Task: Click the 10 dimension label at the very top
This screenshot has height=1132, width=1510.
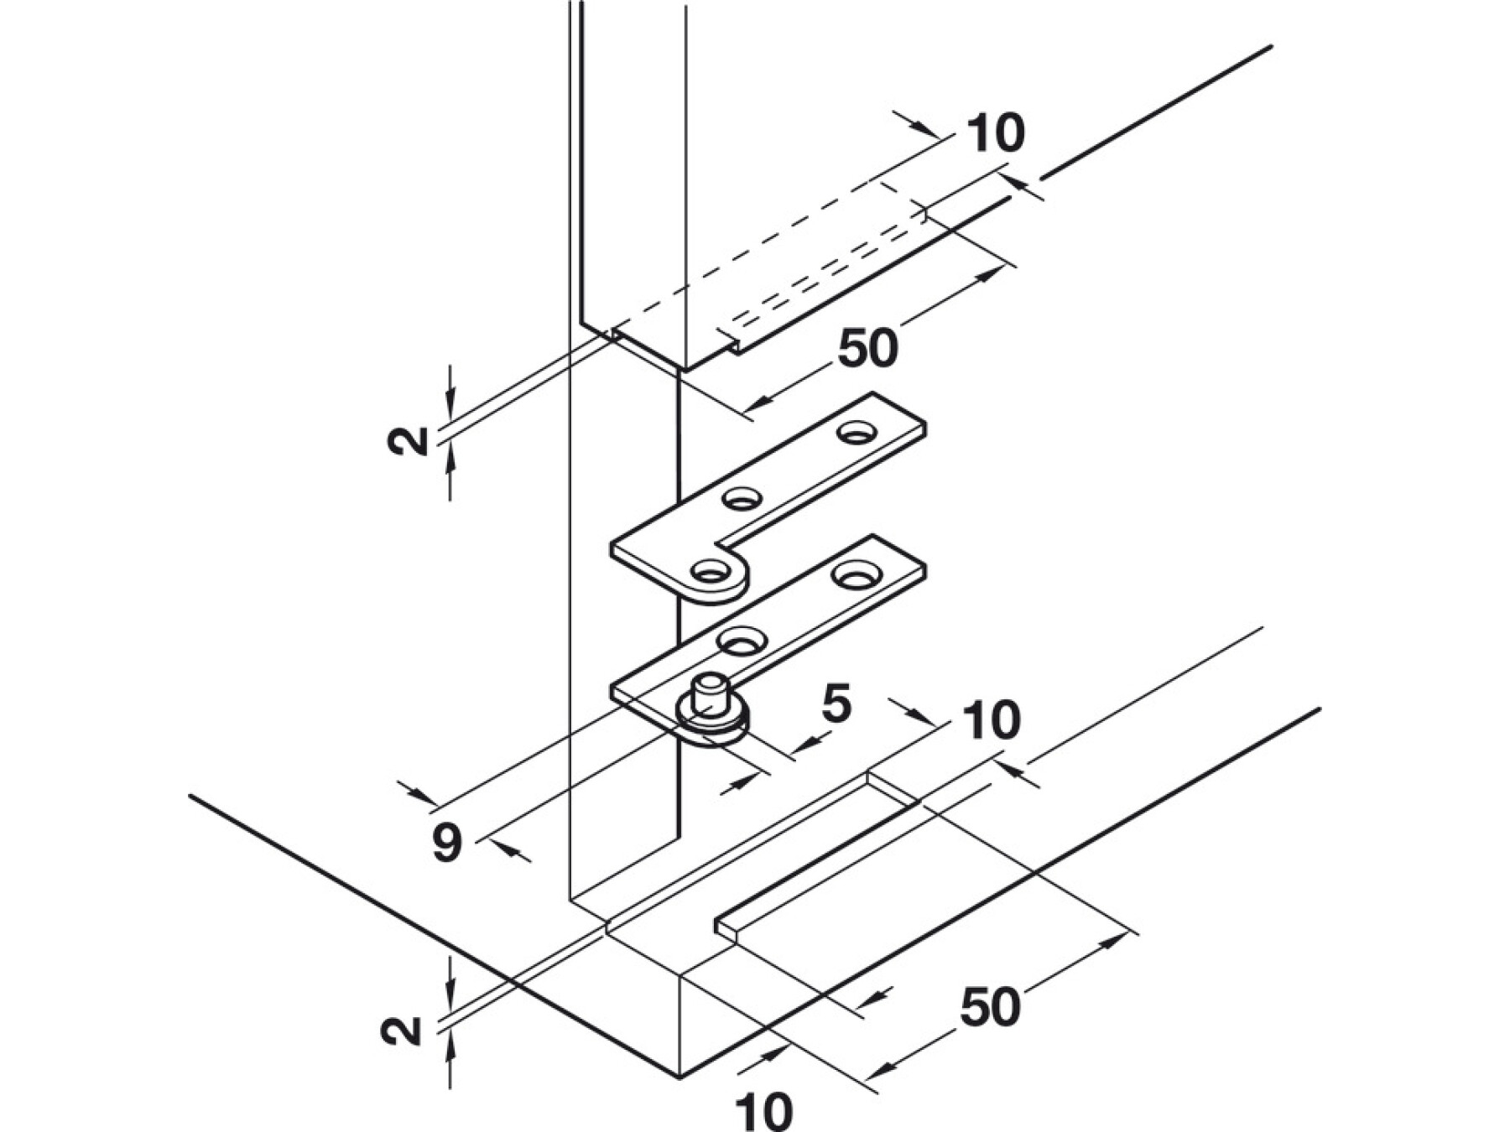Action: (996, 133)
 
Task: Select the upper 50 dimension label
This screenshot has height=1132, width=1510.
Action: (868, 348)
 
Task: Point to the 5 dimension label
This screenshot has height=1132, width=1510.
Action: (836, 704)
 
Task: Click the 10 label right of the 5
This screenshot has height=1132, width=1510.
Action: (992, 720)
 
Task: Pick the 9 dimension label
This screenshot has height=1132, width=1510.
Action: (447, 842)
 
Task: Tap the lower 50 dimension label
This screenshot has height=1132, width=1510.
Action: (991, 1006)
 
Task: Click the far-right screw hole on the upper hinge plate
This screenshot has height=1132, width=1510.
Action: (856, 433)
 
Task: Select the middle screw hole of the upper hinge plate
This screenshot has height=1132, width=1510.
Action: (742, 500)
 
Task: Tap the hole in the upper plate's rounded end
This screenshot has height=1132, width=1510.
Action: (710, 573)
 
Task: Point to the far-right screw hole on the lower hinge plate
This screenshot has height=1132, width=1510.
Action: (852, 575)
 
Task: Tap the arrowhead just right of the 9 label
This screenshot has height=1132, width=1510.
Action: (513, 850)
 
